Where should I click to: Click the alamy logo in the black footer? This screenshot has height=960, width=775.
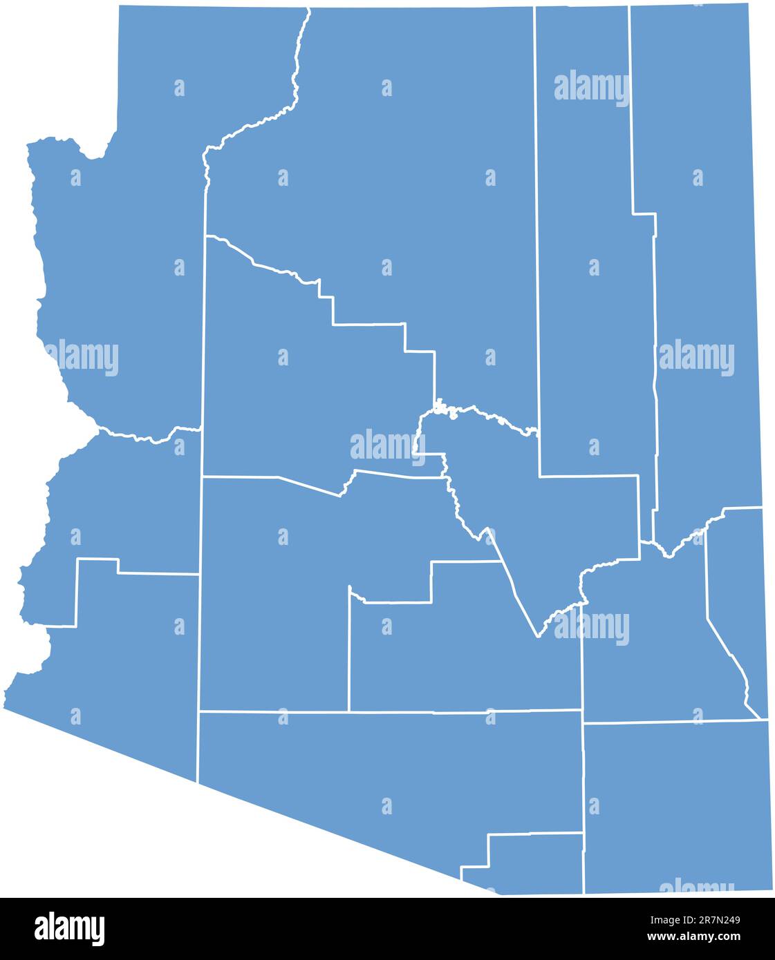tap(69, 929)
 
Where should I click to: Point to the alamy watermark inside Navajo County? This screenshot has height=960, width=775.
tap(592, 88)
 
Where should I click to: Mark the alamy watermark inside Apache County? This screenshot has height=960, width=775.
tap(696, 358)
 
